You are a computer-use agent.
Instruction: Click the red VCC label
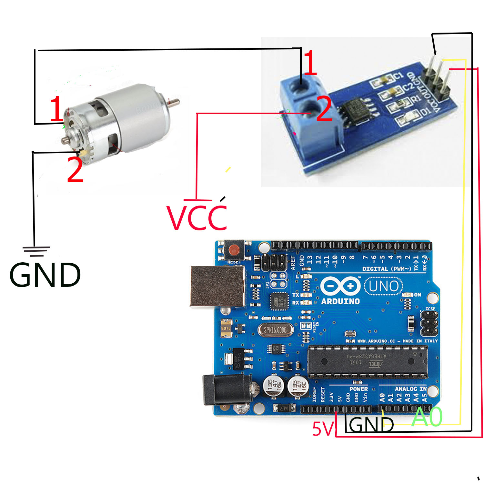tap(197, 218)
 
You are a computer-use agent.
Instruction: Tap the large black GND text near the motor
tap(45, 275)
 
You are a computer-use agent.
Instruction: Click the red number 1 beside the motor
tap(56, 109)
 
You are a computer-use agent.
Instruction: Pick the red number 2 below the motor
tap(75, 170)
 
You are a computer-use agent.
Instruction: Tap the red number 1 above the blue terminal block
tap(310, 63)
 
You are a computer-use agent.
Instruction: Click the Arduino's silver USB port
tap(217, 286)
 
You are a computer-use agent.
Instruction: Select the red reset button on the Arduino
tap(234, 249)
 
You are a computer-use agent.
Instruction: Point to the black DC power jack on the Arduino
tap(226, 389)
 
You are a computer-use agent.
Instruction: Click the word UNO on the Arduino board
tap(384, 286)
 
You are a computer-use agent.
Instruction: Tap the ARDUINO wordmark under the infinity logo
tap(340, 301)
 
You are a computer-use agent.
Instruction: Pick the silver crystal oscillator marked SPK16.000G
tap(276, 330)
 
